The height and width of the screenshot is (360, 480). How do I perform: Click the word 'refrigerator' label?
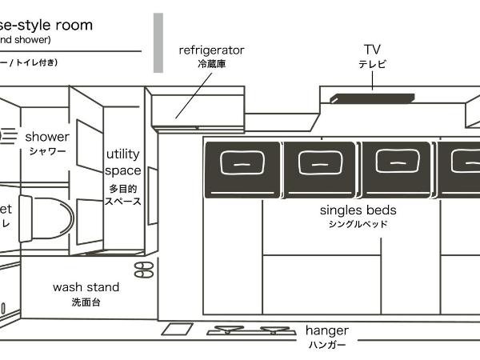point(211,50)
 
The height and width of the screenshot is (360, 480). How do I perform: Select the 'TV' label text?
point(372,50)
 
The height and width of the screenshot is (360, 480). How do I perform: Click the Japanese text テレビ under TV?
point(372,64)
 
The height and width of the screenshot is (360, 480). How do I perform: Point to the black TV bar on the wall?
point(373,98)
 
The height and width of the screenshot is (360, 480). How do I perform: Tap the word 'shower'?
point(47,137)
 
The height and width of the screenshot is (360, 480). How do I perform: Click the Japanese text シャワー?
point(47,151)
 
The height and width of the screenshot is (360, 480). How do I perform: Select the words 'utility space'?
point(123,162)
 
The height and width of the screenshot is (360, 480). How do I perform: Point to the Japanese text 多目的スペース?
point(125,195)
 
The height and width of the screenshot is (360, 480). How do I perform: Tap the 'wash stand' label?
point(86,287)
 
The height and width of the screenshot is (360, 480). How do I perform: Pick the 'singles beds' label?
point(358,210)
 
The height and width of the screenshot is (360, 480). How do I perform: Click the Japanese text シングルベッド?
point(358,225)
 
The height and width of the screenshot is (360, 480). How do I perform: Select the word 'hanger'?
point(326,330)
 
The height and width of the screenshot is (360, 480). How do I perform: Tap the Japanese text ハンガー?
point(326,346)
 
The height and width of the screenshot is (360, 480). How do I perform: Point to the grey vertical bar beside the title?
point(158,43)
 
